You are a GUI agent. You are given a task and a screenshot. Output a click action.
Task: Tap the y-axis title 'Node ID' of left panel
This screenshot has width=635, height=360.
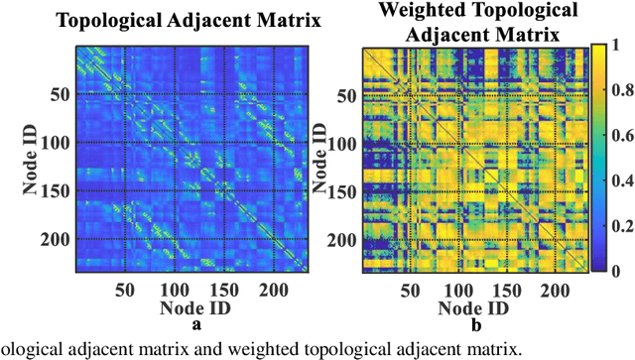coord(15,166)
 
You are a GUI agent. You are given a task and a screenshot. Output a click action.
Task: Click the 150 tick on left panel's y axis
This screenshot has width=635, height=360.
coord(51,191)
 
